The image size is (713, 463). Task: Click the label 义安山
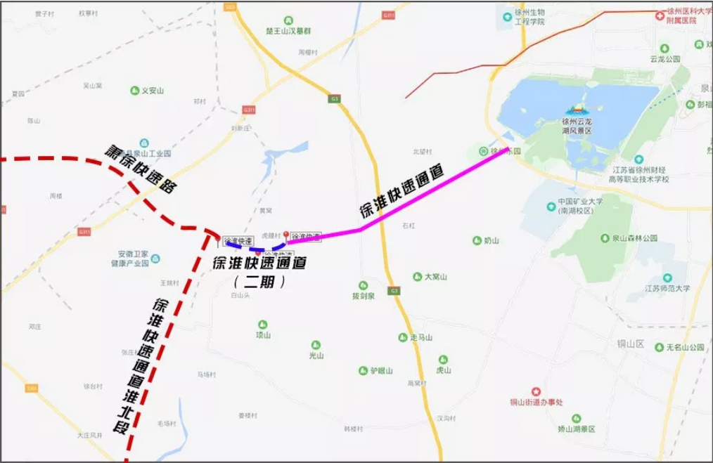153,91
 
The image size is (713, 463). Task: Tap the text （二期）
259,282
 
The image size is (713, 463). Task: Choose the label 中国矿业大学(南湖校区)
580,205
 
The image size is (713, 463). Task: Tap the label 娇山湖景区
577,429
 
